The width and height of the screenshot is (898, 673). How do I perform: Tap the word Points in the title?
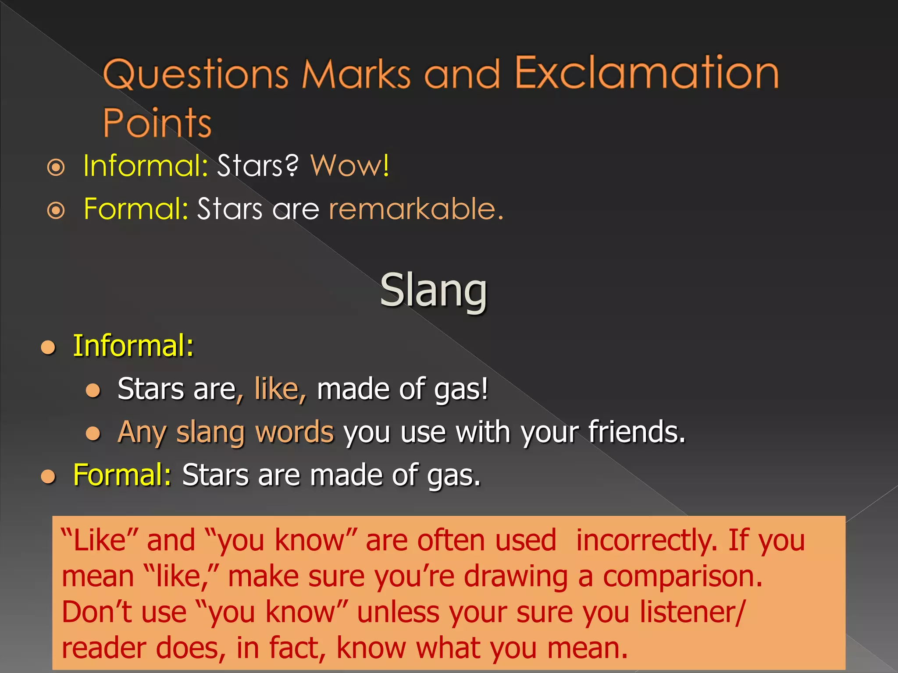click(x=157, y=123)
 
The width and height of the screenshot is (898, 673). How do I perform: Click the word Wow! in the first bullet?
click(x=349, y=166)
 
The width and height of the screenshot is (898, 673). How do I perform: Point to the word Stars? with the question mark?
click(x=258, y=166)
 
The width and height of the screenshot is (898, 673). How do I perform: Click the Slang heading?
click(x=433, y=290)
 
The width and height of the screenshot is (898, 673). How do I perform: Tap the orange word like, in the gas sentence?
click(x=280, y=389)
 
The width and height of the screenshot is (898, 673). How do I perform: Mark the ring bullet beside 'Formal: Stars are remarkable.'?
click(x=56, y=210)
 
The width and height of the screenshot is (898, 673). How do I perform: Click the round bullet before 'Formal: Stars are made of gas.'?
click(x=48, y=476)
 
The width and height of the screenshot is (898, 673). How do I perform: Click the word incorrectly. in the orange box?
click(x=647, y=540)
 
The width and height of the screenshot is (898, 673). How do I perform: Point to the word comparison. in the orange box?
click(x=682, y=576)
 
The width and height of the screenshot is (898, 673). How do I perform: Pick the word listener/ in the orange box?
click(x=692, y=612)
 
